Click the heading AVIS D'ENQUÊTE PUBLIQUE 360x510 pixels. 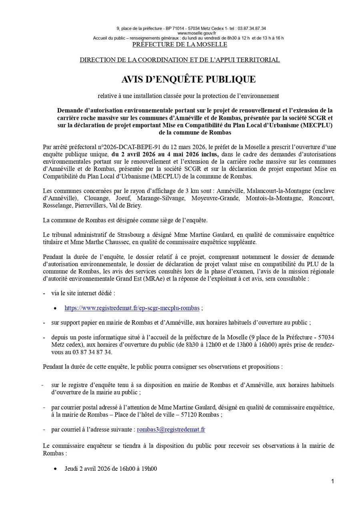tap(188, 80)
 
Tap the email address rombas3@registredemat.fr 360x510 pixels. tap(171, 430)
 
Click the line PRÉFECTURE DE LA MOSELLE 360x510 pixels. tap(180, 44)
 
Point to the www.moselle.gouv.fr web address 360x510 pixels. tap(191, 33)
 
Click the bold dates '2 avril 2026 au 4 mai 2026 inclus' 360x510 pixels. tap(165, 154)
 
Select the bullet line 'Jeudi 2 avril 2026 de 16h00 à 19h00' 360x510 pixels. tap(111, 468)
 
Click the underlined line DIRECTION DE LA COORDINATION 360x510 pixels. tap(180, 60)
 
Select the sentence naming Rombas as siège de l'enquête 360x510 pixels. tap(125, 220)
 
